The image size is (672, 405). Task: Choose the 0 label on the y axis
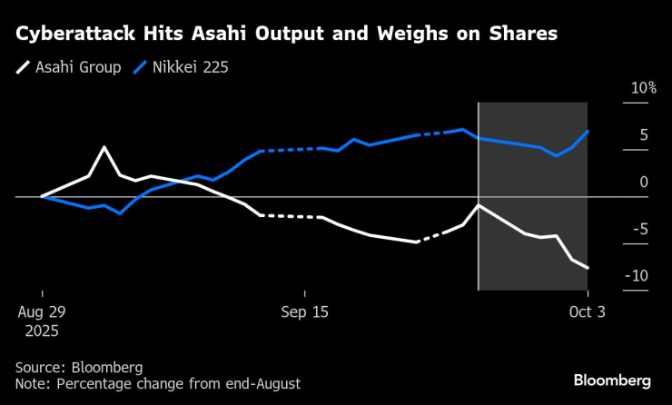tap(643, 183)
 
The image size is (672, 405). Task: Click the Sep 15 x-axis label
tap(305, 311)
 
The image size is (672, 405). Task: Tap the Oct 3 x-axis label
tap(588, 311)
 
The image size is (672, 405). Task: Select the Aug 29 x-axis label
tap(42, 311)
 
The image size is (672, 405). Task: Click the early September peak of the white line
tap(104, 147)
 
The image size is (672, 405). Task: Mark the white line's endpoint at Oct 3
tap(588, 268)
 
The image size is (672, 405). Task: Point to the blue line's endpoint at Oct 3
tap(588, 132)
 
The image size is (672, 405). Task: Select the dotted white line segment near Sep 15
tap(291, 216)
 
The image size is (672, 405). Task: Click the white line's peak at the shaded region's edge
tap(479, 205)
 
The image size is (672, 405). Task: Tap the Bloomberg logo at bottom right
tap(612, 379)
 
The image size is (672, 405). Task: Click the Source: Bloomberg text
tap(79, 367)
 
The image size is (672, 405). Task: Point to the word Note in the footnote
tap(33, 383)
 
